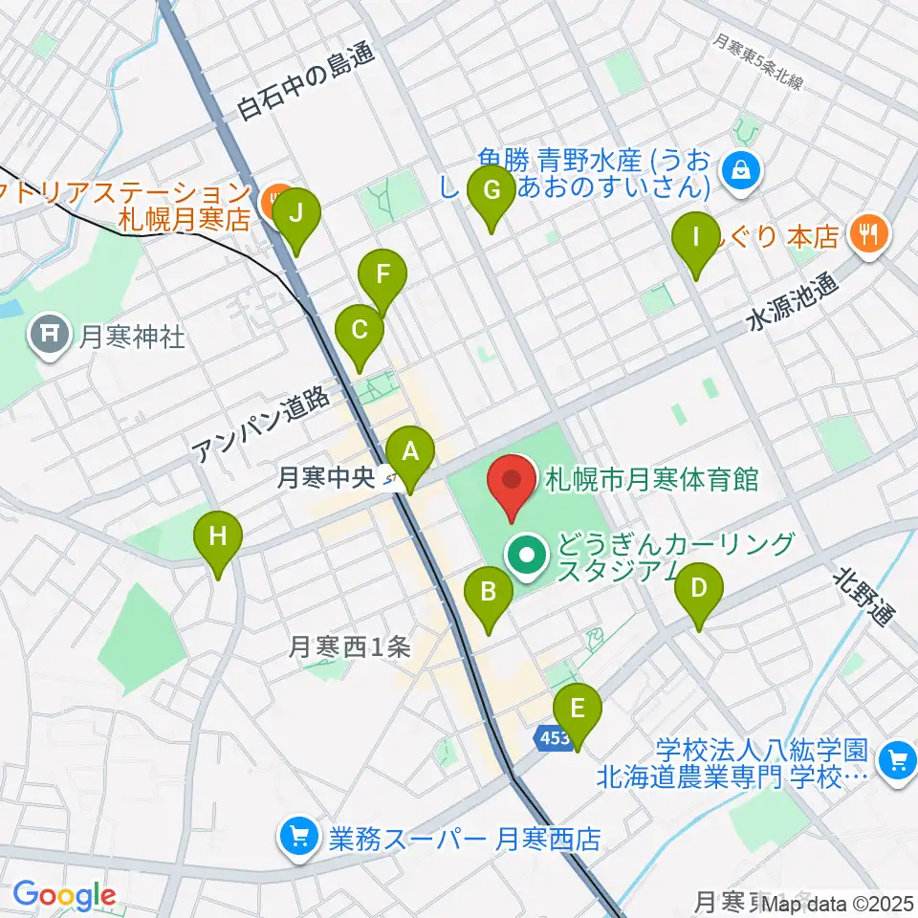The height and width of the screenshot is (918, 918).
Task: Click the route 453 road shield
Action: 551,737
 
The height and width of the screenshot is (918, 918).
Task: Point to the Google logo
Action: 64,896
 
